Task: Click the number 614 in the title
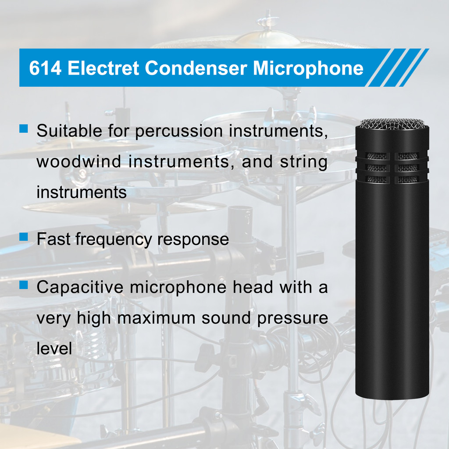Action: coord(45,69)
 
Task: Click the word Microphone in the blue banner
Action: coord(308,69)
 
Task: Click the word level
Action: coord(54,349)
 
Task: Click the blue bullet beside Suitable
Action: coord(24,128)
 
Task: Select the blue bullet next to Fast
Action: coord(24,237)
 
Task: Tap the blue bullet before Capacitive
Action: coord(24,285)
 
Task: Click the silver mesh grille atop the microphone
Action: coord(392,125)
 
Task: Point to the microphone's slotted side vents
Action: coord(392,168)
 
